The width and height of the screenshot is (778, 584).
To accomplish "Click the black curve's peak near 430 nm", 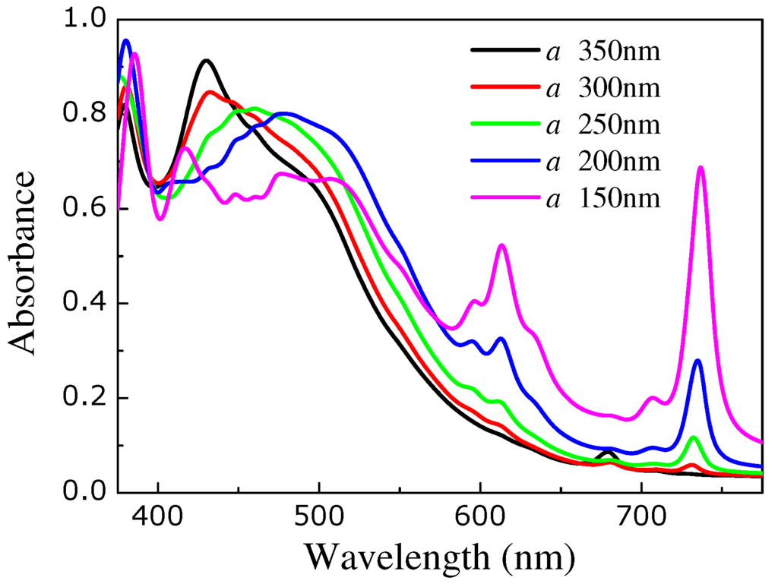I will pos(206,60).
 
